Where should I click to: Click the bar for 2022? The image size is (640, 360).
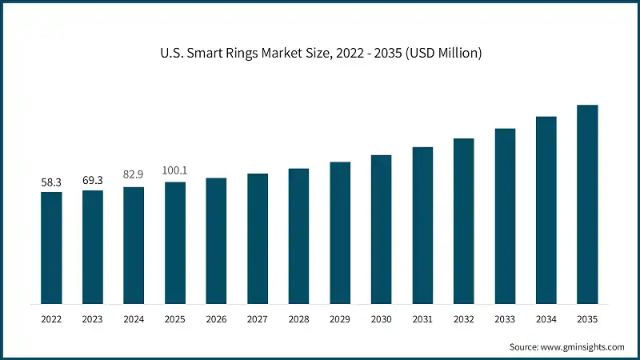tap(51, 248)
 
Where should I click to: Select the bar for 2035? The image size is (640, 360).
tap(587, 204)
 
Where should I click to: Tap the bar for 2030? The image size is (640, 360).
tap(381, 230)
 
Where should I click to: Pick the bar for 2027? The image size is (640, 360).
tap(258, 238)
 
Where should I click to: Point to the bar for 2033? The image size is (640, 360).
tap(505, 216)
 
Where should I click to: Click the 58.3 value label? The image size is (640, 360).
tap(51, 182)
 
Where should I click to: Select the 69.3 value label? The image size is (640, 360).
tap(93, 181)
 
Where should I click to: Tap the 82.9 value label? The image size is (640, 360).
tap(134, 174)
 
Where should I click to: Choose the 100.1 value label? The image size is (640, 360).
tap(175, 170)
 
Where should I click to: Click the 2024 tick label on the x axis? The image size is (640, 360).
tap(134, 318)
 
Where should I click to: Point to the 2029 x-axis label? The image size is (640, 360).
tap(340, 318)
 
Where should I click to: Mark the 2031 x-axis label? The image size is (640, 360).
tap(422, 318)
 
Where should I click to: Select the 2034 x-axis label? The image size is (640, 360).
tap(546, 318)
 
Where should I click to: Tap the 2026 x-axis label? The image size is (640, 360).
tap(216, 318)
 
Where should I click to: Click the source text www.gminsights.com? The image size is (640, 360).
tap(582, 347)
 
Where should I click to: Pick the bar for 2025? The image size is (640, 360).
tap(175, 243)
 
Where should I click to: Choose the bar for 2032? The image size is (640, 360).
tap(463, 221)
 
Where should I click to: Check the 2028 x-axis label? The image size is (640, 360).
tap(298, 318)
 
